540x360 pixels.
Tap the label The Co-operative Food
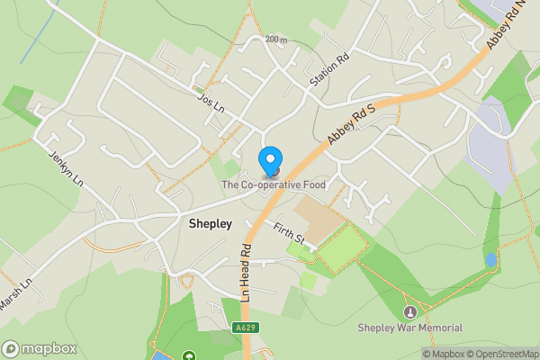(x=274, y=185)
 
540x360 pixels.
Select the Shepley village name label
(x=211, y=223)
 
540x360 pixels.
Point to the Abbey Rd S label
(x=351, y=123)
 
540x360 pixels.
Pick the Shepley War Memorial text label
(x=410, y=328)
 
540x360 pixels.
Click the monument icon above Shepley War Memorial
(x=410, y=311)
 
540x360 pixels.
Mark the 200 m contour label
(x=277, y=40)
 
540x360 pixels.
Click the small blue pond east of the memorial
(x=490, y=260)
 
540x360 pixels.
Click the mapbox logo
(x=39, y=348)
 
